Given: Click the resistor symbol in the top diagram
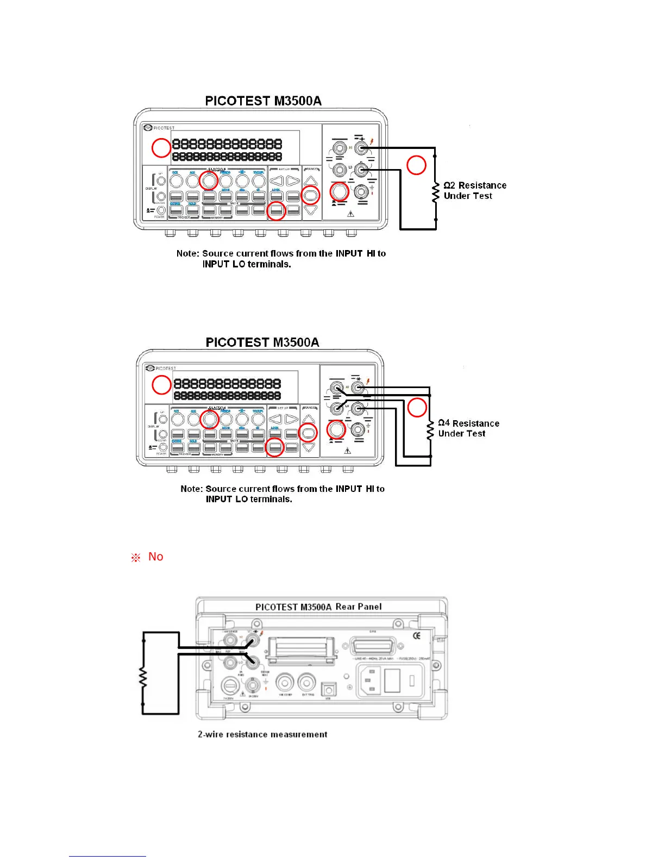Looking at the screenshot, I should (435, 193).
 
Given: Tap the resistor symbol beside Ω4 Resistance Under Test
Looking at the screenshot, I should (430, 430).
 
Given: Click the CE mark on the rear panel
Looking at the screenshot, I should (417, 636).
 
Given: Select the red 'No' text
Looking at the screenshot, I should (155, 557).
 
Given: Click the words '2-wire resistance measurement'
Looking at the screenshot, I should (262, 734).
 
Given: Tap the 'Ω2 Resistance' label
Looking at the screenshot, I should (475, 185).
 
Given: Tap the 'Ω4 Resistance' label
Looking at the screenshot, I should (468, 423).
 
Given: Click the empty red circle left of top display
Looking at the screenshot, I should (161, 148).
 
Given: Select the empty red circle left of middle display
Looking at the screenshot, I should (161, 385).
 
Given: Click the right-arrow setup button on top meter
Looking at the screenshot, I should (293, 181).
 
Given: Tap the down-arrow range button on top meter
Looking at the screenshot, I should (310, 210).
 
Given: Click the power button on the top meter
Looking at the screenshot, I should (161, 210).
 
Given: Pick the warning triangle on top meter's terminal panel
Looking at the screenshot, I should (350, 214).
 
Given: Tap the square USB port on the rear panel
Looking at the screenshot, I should (328, 689).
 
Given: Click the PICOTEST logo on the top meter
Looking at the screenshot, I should (159, 128).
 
